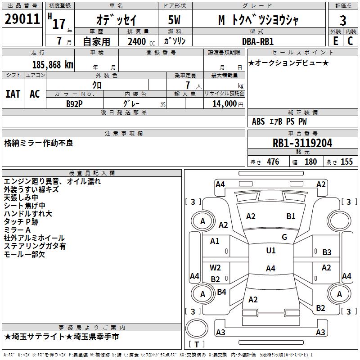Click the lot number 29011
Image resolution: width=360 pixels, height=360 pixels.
(22, 19)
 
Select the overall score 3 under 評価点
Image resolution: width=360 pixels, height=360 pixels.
(343, 20)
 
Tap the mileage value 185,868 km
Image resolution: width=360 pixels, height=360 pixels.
(53, 65)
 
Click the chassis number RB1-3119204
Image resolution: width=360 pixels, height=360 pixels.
(302, 143)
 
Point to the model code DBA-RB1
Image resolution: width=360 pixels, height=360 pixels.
(258, 41)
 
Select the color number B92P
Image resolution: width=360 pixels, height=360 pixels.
(74, 104)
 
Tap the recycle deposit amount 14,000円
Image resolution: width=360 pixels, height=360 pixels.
(228, 104)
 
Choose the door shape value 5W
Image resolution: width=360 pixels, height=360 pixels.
(174, 20)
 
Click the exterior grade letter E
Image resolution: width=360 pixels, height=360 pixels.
(336, 41)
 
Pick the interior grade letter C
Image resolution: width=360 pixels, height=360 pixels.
(350, 41)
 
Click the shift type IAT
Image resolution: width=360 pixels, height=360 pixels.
(13, 94)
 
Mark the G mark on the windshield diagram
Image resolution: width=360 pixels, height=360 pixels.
(284, 237)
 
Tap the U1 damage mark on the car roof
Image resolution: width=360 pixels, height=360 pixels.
(271, 251)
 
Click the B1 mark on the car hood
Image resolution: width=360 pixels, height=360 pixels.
(291, 216)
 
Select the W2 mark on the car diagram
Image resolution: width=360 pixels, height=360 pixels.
(215, 268)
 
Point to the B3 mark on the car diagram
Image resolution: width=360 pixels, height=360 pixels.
(327, 252)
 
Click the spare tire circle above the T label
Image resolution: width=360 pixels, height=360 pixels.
(197, 328)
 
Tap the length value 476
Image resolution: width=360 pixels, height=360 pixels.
(273, 162)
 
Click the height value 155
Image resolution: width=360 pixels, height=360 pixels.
(346, 162)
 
